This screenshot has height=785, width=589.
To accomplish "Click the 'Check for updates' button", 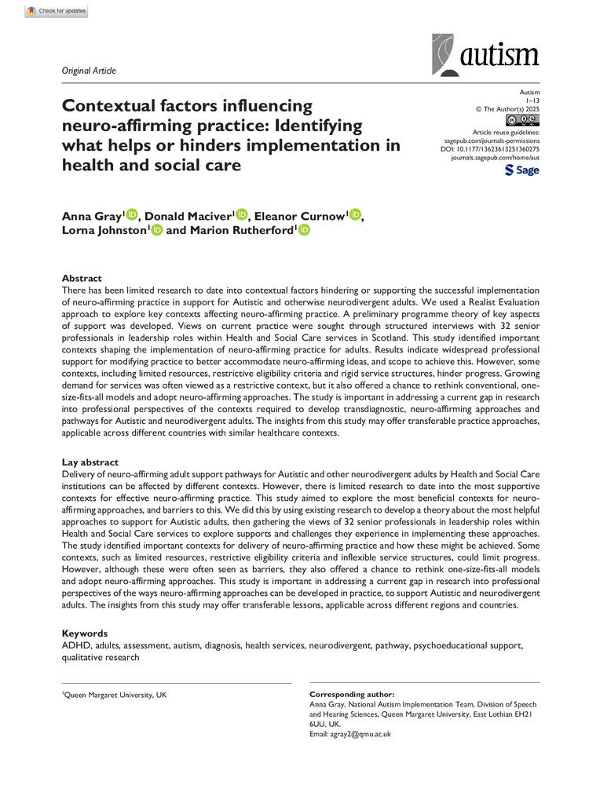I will click(x=56, y=12).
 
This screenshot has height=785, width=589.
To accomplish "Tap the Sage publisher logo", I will click(x=521, y=170).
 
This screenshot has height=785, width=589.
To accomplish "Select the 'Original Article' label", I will click(x=88, y=71).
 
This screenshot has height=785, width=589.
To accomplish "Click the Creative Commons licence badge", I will click(x=523, y=119).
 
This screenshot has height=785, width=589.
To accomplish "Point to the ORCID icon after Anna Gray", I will click(x=132, y=193).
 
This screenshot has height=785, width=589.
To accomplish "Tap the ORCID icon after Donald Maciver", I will click(x=242, y=193).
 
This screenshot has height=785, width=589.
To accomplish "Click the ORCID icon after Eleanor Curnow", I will click(x=356, y=193).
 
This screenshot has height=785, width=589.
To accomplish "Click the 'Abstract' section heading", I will click(x=82, y=278).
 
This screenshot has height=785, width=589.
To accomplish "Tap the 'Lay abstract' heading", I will click(x=90, y=462).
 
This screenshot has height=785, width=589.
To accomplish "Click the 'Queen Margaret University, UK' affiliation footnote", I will click(x=114, y=696).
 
